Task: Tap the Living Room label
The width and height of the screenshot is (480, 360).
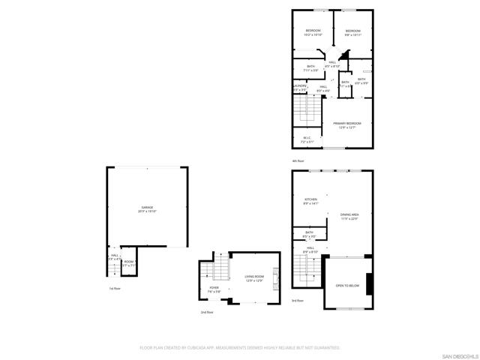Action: (253, 278)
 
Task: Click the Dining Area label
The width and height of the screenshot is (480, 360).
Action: (349, 217)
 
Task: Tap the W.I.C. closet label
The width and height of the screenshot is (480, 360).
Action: (307, 139)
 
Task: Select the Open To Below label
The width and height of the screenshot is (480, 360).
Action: (347, 286)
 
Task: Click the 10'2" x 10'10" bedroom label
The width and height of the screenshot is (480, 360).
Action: (313, 32)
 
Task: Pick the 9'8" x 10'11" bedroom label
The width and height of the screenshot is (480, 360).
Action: (353, 32)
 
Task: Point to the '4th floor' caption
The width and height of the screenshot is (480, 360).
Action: (298, 160)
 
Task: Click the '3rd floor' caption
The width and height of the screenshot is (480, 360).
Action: (297, 300)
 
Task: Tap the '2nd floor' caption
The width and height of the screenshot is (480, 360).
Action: (207, 312)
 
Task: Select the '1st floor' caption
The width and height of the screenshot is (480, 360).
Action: (115, 289)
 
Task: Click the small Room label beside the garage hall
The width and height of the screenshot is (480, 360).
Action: (129, 262)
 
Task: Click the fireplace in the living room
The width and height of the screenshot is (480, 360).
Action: (275, 279)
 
